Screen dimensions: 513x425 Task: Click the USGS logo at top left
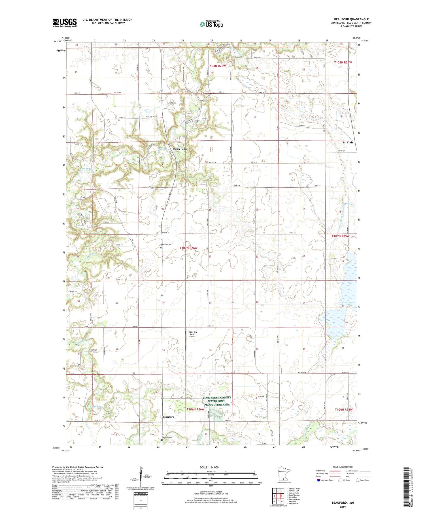[65, 23]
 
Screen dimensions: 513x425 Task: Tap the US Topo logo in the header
[211, 24]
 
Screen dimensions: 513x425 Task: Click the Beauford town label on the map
[168, 417]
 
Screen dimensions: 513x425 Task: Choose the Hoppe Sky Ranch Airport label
[192, 334]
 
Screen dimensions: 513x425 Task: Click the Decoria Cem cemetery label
[166, 244]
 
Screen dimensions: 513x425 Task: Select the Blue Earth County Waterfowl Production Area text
[217, 401]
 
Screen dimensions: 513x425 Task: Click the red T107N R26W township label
[188, 248]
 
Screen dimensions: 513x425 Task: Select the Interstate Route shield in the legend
[319, 480]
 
